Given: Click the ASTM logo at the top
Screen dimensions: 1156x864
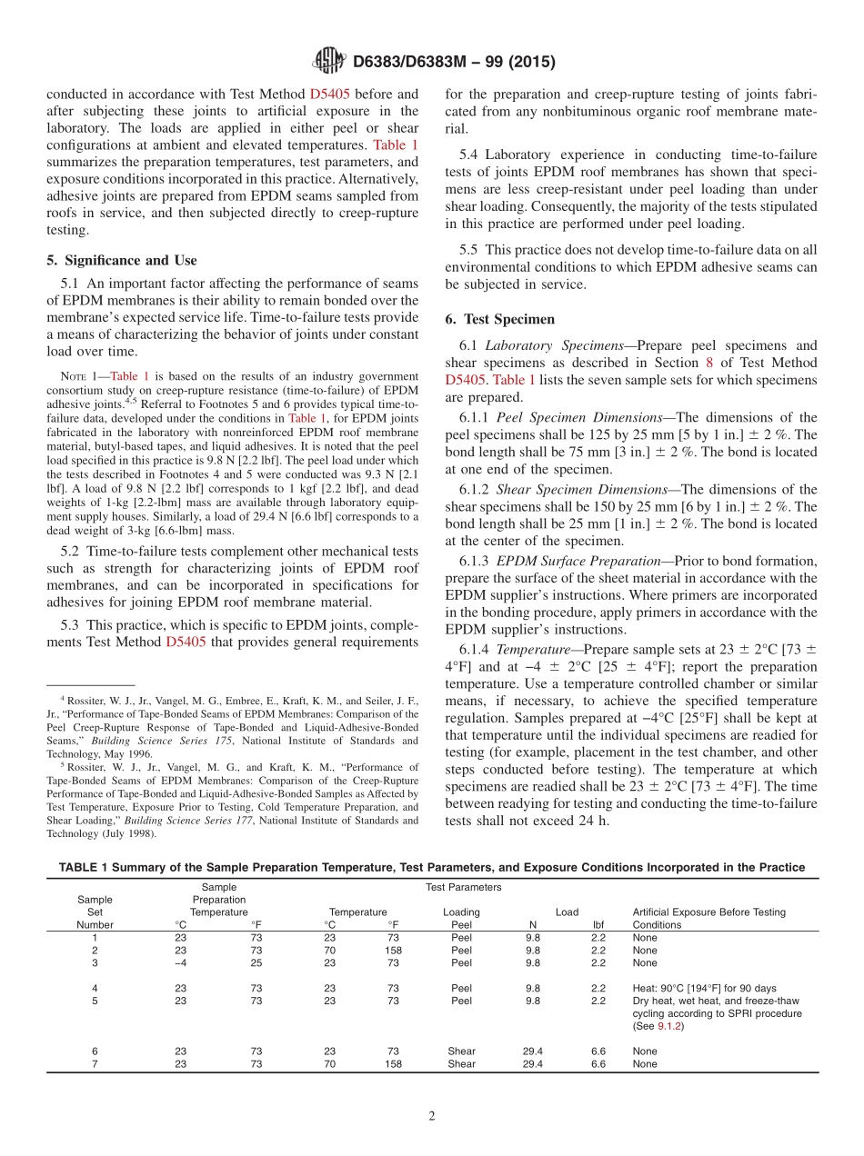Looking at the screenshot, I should [x=328, y=62].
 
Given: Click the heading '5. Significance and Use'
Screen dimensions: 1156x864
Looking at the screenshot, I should [x=121, y=260].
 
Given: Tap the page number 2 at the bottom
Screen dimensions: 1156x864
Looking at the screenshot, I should [x=432, y=1116].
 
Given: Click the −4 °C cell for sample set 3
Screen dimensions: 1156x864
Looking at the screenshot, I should [x=180, y=962].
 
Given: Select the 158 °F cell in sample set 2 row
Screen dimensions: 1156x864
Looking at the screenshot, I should [x=393, y=950].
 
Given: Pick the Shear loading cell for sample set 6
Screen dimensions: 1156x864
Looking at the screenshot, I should [x=461, y=1051].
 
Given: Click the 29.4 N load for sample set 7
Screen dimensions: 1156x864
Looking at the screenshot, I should [x=533, y=1064].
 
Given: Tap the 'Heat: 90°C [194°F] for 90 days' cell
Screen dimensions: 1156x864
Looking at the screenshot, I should [x=705, y=988].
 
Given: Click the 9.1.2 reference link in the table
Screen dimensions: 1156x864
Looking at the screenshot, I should [x=670, y=1026].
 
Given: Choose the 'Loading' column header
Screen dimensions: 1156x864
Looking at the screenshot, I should [x=461, y=912].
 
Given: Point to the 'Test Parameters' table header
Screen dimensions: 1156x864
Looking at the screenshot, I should [x=463, y=887].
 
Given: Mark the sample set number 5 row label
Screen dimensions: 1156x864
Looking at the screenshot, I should [x=95, y=1001].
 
